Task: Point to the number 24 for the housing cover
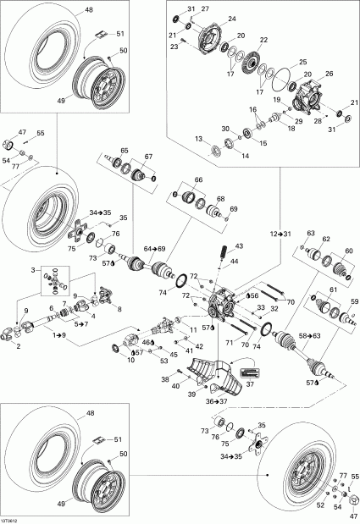coord(232,18)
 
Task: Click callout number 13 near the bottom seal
coord(199,139)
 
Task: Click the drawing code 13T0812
coord(13,517)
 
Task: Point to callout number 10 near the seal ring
coord(130,360)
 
